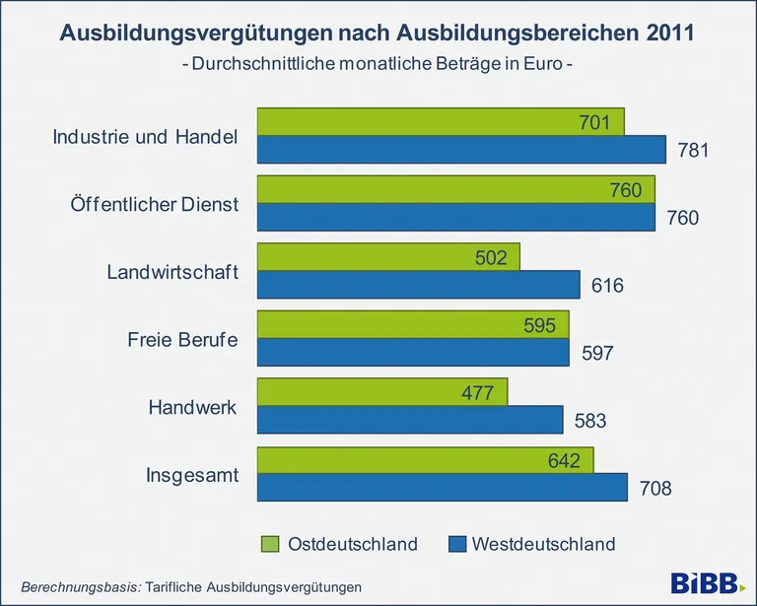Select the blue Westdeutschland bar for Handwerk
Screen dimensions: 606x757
409,420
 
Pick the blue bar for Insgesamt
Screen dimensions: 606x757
442,487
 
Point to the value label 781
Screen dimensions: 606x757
694,150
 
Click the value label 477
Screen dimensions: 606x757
477,393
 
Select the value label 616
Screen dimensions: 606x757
607,286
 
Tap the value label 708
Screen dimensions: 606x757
654,488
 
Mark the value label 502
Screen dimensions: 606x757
490,258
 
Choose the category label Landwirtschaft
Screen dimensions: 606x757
172,272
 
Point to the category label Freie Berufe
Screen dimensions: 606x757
183,340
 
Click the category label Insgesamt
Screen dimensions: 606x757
192,475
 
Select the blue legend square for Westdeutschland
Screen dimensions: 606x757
454,544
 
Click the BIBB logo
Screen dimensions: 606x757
708,582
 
